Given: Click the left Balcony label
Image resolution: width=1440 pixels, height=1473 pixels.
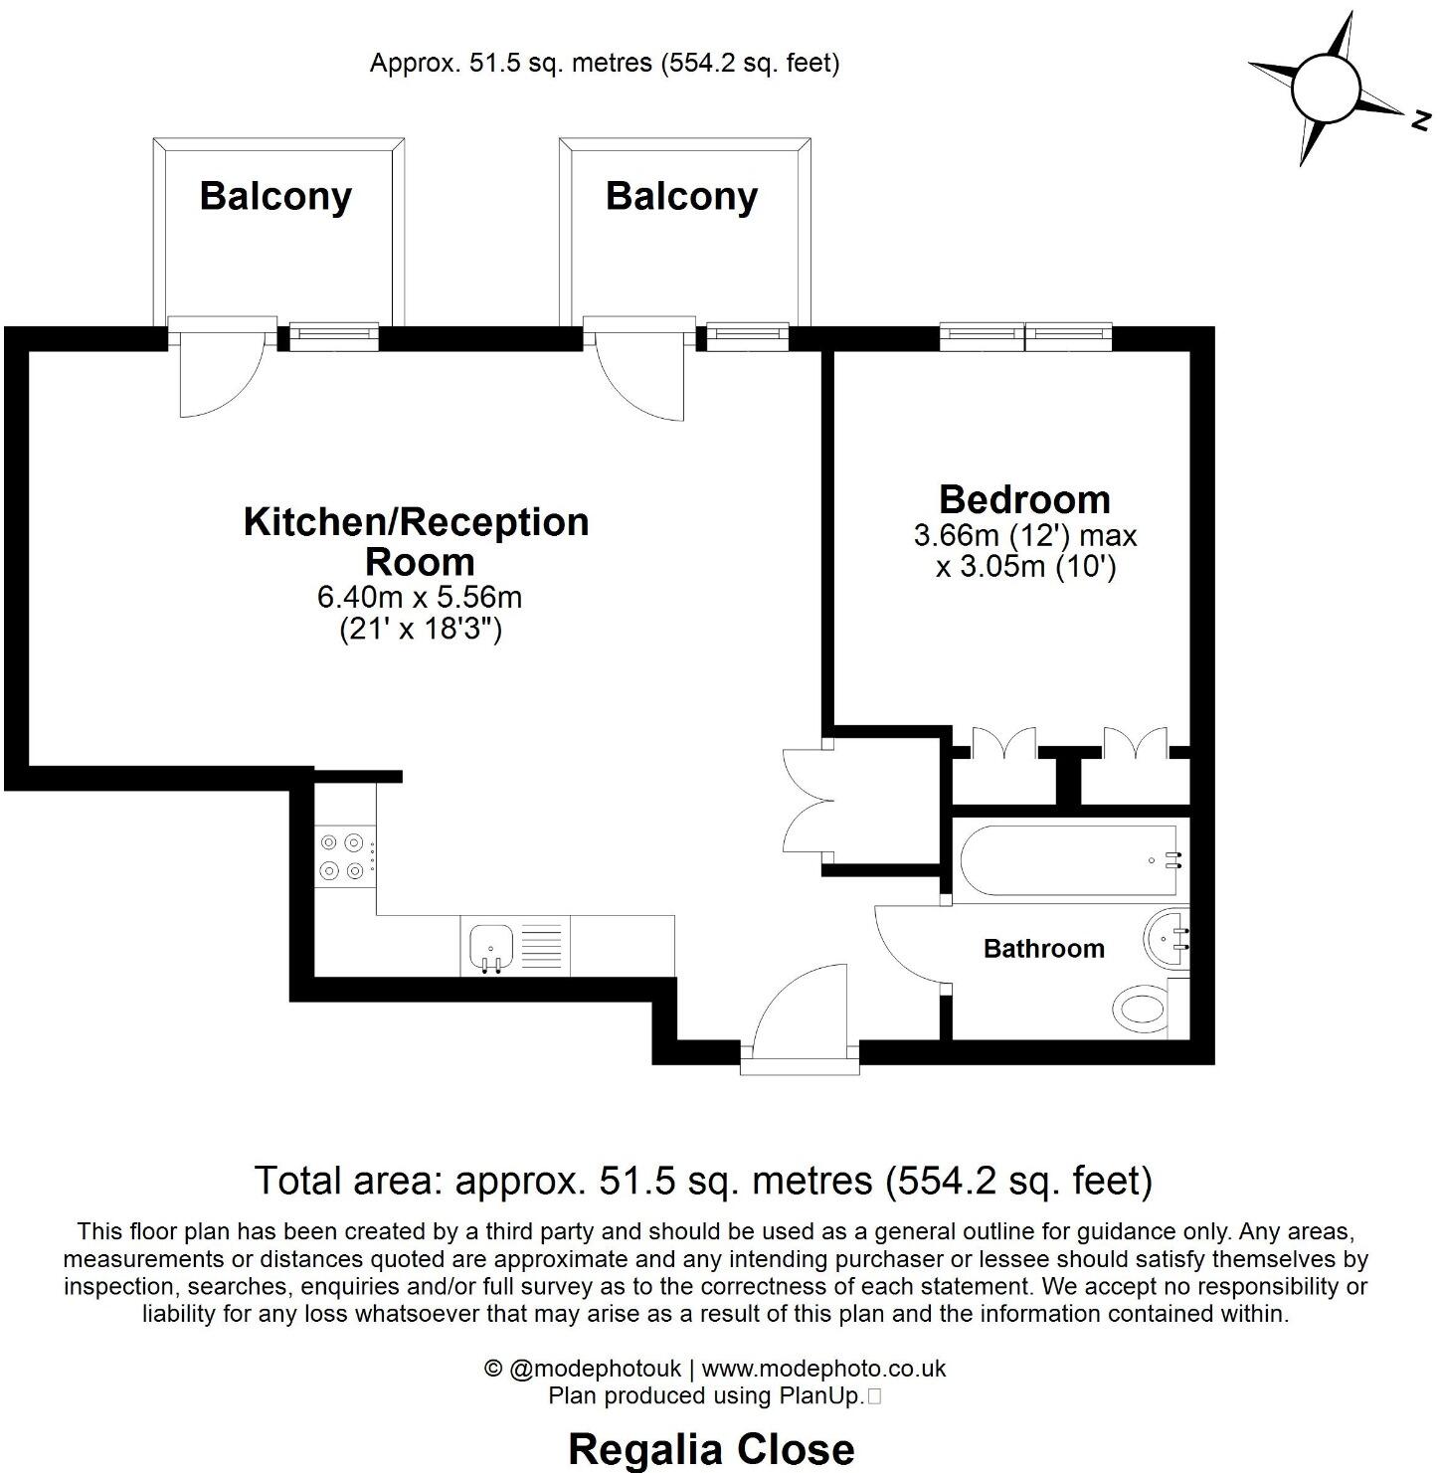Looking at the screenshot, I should [x=275, y=196].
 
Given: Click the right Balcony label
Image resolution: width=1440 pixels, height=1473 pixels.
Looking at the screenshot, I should [x=681, y=196].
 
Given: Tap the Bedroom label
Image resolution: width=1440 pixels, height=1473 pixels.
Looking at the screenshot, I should [x=1024, y=498].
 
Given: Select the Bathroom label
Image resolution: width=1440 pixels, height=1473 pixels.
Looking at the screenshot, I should [x=1043, y=949].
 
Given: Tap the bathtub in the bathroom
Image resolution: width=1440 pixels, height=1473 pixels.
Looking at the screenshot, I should [x=1070, y=861].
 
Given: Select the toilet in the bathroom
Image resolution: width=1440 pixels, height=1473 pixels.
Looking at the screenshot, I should [x=1145, y=1011].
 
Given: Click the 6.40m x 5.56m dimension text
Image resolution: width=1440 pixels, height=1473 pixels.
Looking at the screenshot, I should [x=419, y=598].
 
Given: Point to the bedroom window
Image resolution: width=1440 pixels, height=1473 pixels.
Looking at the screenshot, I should [x=1025, y=336].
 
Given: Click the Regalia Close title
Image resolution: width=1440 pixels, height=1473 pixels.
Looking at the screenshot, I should [x=710, y=1449].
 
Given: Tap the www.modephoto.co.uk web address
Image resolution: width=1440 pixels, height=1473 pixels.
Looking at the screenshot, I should [x=823, y=1369].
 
